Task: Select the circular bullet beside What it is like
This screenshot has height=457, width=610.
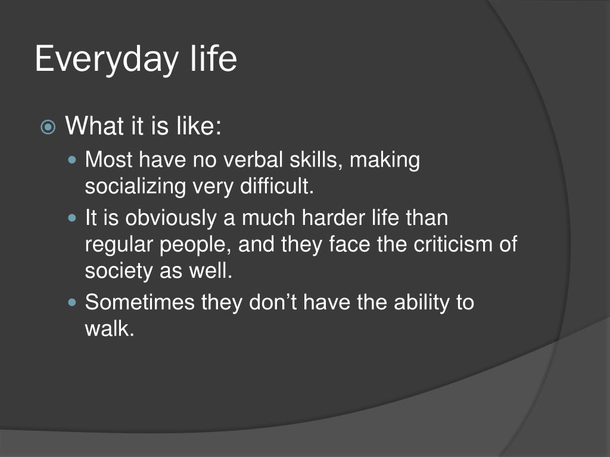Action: tap(48, 127)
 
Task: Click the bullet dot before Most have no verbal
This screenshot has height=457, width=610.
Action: tap(72, 159)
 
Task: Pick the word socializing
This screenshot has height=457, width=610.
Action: tap(135, 187)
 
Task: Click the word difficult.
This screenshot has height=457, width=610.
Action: tap(276, 186)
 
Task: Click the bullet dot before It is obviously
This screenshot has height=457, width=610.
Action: tap(72, 218)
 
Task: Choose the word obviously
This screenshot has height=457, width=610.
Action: tap(171, 218)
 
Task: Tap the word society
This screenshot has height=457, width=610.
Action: tap(119, 271)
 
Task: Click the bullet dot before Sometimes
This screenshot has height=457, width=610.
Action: tap(72, 302)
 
